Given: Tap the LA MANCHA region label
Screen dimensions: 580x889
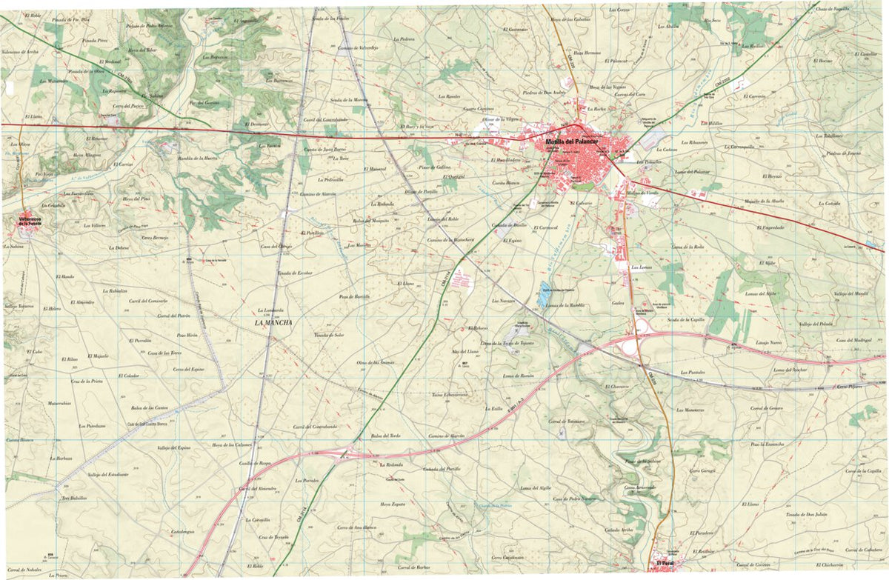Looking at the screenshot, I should pos(273,323).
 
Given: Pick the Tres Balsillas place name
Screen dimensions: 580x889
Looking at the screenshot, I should pos(74,498).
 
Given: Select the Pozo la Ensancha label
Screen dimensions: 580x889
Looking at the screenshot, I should pos(766,444).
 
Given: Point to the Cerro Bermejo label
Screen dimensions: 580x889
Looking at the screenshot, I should pos(156,238).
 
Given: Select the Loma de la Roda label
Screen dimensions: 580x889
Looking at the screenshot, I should pos(687,247).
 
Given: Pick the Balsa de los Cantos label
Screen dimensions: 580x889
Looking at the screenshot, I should pos(150,408).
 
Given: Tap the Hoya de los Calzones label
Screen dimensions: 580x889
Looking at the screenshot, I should pos(232,444).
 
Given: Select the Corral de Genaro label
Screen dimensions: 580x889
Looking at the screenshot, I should pos(766,408).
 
